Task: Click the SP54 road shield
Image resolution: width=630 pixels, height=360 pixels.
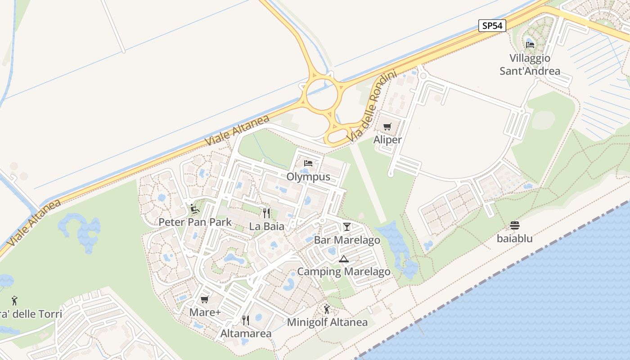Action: coord(492,26)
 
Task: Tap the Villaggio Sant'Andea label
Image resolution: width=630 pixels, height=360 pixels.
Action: coord(530,64)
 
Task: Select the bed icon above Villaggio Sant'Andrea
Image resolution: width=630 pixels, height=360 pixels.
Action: coord(530,45)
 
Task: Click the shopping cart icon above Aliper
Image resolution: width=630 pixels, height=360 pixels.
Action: coord(387,126)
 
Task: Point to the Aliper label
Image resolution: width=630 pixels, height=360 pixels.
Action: coord(387,139)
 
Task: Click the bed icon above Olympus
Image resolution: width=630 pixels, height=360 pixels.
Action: coord(308,163)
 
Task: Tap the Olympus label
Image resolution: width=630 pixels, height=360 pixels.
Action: coord(308,177)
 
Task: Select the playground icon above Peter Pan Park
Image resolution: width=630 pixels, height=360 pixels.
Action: coord(195,208)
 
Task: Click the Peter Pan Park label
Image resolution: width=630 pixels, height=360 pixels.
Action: coord(195,222)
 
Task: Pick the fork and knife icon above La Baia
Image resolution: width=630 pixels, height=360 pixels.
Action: coord(266,213)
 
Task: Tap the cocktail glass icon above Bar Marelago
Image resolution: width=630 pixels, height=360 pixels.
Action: coord(347,226)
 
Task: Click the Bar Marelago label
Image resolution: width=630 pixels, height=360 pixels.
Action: coord(347,240)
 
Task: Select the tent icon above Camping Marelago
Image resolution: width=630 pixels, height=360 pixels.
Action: coord(344,259)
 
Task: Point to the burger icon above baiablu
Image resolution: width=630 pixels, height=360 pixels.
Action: coord(515,225)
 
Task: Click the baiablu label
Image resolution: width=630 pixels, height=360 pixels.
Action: coord(515,238)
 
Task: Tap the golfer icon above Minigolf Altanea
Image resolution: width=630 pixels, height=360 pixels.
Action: coord(327,309)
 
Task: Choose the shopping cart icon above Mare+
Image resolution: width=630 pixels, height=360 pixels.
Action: coord(205,299)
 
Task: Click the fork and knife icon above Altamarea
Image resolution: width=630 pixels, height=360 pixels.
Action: coord(246,320)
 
